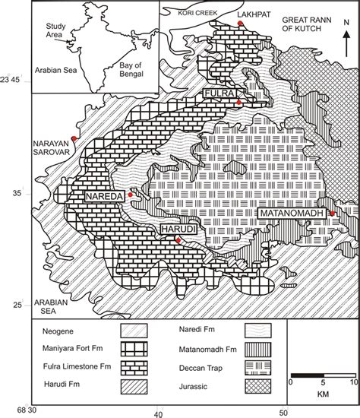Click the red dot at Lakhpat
point(240,24)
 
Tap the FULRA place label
point(218,93)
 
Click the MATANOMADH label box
point(292,214)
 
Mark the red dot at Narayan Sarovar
point(74,138)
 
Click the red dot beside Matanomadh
point(332,214)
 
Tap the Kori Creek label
point(187,13)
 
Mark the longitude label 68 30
point(16,413)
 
